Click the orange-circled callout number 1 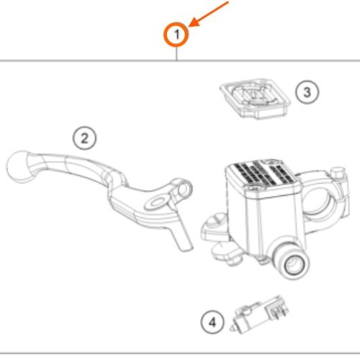pos(176,35)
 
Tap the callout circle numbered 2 pos(84,138)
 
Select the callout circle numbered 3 pos(307,92)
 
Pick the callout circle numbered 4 pos(212,323)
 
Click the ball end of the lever pos(19,166)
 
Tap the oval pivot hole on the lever pos(157,202)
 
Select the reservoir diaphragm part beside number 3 pos(255,98)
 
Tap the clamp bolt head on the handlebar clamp pos(338,172)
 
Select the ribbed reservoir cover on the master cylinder pos(261,172)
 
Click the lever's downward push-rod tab pos(181,230)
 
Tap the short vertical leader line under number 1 pos(176,54)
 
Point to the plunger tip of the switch pos(232,328)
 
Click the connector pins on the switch pos(279,312)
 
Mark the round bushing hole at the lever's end pos(183,189)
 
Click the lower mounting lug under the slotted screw pos(225,254)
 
